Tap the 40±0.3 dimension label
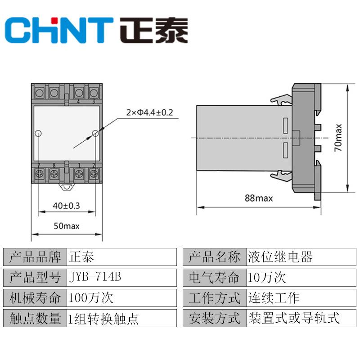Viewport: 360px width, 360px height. point(66,206)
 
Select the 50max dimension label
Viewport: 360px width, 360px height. point(66,225)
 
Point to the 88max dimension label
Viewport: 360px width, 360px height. point(258,198)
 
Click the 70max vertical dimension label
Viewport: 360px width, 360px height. point(338,137)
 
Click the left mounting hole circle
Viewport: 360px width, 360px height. point(38,133)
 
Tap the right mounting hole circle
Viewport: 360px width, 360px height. point(95,133)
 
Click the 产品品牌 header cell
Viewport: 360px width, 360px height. point(35,257)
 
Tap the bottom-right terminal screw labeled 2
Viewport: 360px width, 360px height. point(94,174)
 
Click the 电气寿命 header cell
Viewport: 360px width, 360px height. point(214,278)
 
